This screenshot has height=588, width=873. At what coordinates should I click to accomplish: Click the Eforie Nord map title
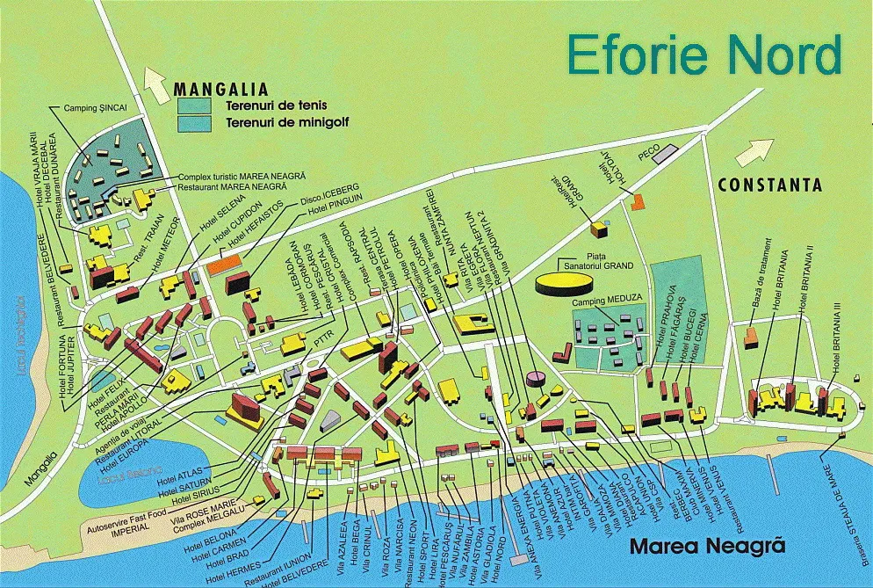(x=703, y=54)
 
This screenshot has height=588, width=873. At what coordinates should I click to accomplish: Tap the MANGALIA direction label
(x=220, y=89)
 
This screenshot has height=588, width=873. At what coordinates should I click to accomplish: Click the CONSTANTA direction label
(x=769, y=185)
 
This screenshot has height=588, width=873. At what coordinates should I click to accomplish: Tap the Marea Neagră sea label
(x=706, y=547)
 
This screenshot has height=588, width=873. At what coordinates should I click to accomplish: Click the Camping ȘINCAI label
(x=95, y=109)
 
